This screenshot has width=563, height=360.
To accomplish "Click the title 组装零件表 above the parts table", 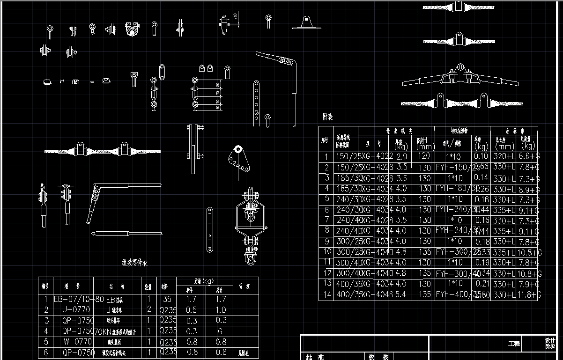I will point(135,263).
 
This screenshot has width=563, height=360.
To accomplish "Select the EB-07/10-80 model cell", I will point(72,299).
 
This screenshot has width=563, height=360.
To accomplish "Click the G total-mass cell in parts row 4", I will point(221,331).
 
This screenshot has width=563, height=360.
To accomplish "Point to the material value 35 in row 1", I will point(167,299).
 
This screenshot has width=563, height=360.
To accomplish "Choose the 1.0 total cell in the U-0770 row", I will point(221,309).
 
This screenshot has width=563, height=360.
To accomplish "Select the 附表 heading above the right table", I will point(327,117).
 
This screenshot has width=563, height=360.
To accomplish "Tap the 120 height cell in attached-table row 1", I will point(424,156).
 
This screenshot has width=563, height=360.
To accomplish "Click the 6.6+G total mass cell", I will point(528,156).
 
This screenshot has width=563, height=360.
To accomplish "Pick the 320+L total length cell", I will point(503,156).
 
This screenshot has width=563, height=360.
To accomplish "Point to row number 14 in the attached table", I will point(326,294).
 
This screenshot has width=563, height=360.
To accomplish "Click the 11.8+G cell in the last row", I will point(528,294).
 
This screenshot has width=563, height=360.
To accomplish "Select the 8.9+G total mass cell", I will point(528,189).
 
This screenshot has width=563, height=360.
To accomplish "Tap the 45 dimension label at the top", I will point(224,17).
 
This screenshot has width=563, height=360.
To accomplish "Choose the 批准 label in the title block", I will point(315,357).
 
